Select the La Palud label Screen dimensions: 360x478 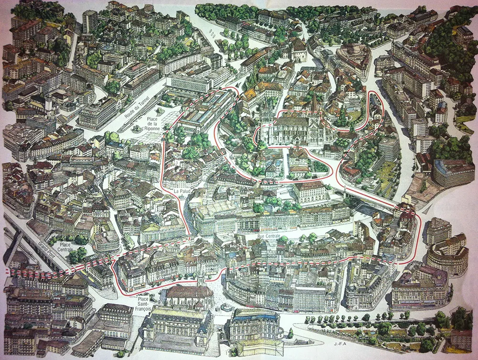coord(182,191)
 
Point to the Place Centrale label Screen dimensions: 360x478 coord(65,247)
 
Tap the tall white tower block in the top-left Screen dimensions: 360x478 coord(89,21)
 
